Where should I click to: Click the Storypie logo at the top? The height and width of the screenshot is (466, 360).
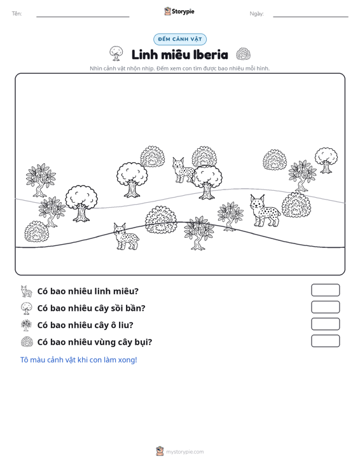[179, 11]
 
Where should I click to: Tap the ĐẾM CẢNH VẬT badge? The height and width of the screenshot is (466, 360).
[180, 39]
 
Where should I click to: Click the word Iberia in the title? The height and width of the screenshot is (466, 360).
[211, 55]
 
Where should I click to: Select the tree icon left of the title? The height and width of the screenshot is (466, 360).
[116, 53]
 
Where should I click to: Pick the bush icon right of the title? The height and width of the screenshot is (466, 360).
[243, 54]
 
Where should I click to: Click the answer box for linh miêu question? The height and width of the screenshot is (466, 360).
[325, 290]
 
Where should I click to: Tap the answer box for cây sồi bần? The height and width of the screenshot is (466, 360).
[325, 307]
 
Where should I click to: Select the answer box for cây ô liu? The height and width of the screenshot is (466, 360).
[325, 324]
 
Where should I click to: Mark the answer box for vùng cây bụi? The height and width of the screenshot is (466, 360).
[325, 341]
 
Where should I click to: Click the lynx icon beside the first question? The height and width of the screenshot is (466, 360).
[27, 291]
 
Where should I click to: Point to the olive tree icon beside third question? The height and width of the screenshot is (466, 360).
[27, 325]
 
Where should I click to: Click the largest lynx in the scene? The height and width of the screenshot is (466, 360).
[265, 210]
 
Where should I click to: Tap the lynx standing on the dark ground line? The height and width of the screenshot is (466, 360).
[126, 236]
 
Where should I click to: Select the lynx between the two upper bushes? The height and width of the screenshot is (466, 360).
[183, 170]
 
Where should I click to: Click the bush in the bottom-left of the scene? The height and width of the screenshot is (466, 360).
[36, 231]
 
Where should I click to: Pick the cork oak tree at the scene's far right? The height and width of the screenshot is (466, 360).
[326, 160]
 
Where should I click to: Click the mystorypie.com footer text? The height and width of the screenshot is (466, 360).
[184, 452]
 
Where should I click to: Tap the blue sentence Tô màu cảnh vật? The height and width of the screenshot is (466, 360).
[78, 360]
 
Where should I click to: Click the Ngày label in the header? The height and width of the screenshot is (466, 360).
[256, 14]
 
